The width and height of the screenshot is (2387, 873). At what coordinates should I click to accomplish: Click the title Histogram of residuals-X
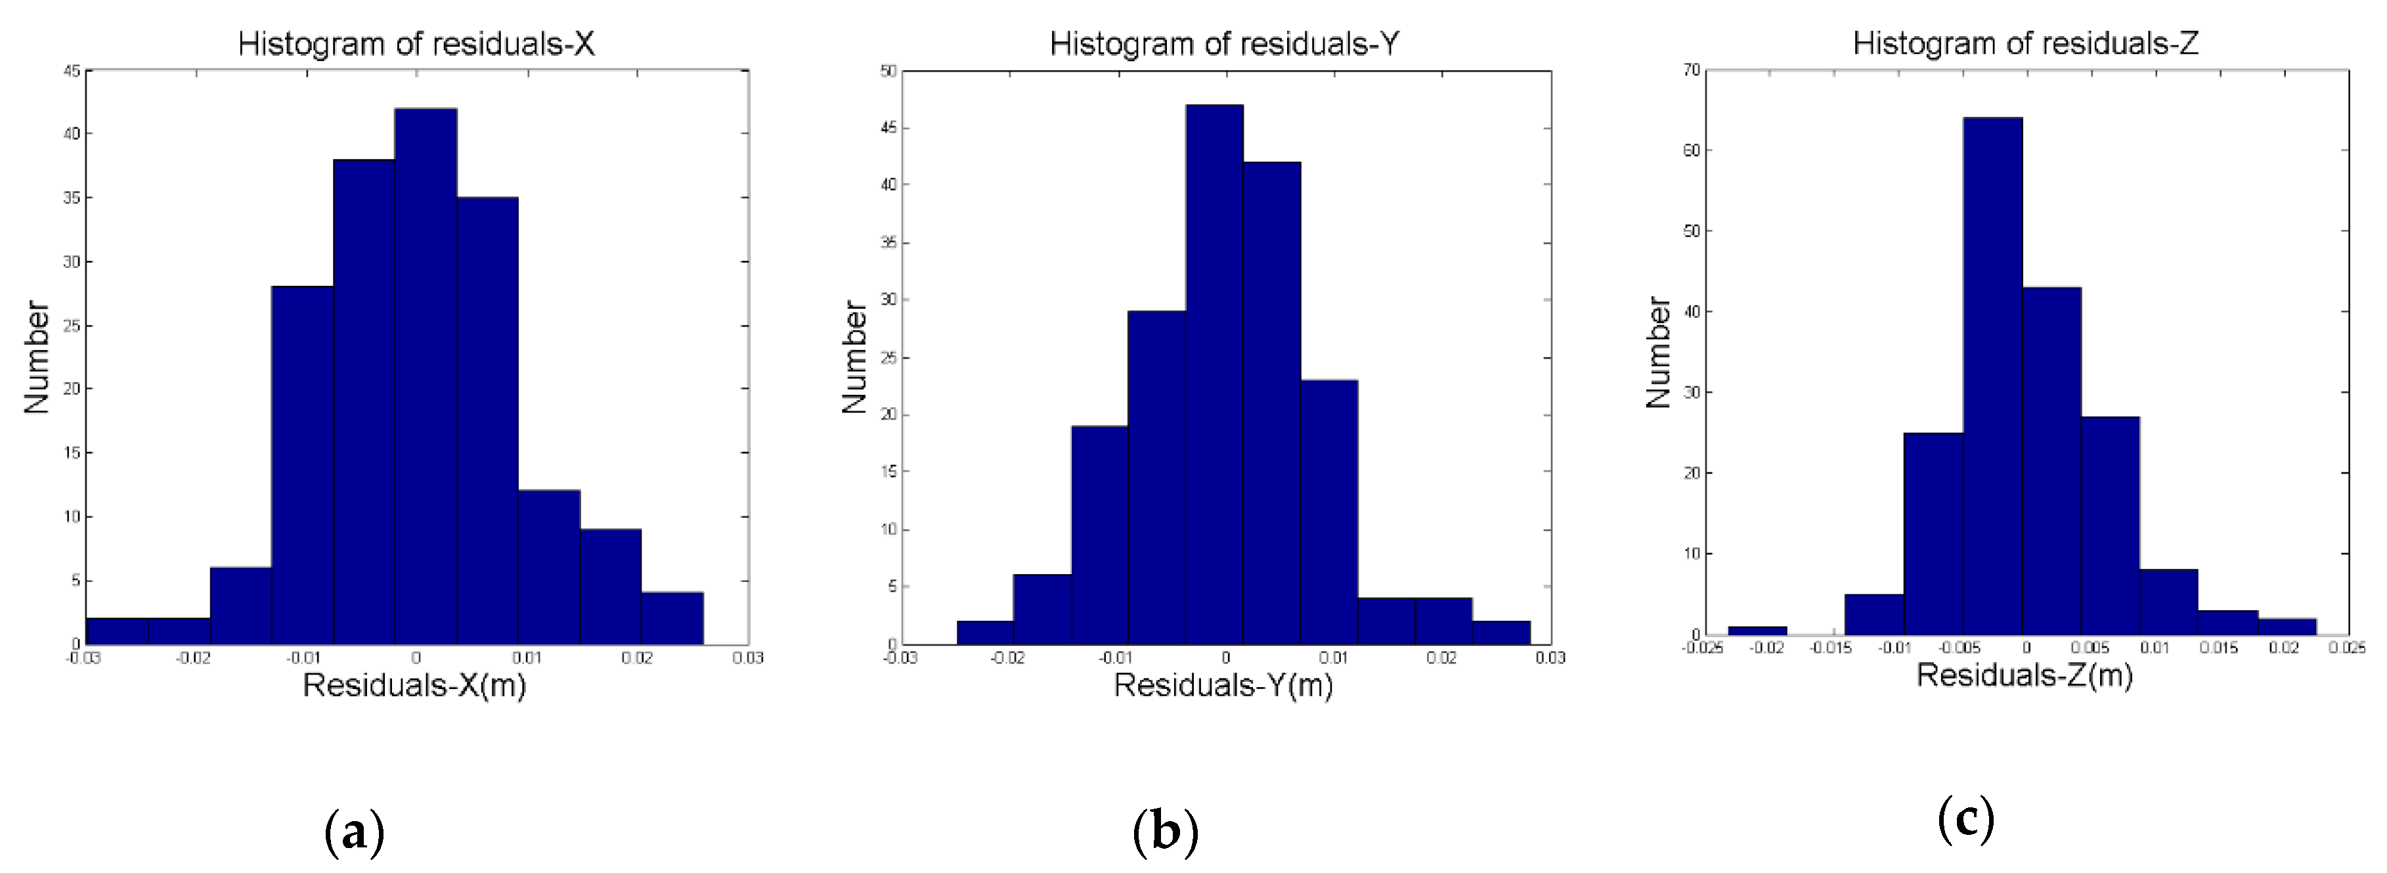416,43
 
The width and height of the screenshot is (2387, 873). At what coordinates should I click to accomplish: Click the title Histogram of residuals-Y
1224,43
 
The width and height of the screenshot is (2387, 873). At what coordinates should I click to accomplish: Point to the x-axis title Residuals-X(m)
414,686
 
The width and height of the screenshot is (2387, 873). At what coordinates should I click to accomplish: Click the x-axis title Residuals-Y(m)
1223,686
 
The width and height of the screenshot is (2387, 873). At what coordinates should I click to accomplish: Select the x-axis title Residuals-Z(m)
2024,675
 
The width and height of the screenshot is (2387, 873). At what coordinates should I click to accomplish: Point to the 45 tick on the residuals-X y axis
72,70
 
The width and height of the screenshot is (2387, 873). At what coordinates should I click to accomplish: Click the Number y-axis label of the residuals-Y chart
854,357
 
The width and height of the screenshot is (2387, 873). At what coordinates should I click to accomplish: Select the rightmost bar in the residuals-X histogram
672,618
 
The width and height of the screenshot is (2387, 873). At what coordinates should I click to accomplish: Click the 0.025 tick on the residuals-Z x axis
2346,648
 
